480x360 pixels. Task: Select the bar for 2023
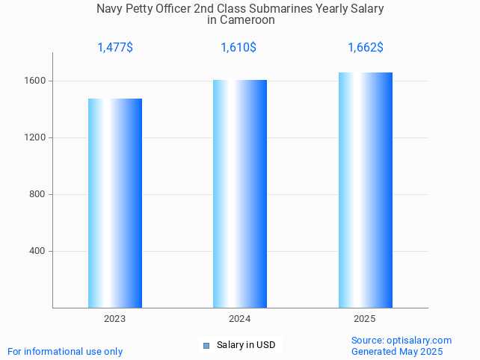pyautogui.click(x=115, y=203)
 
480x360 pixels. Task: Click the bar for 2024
pyautogui.click(x=240, y=193)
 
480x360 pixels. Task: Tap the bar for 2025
pyautogui.click(x=365, y=190)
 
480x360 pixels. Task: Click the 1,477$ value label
pyautogui.click(x=115, y=48)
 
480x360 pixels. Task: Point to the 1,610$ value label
pyautogui.click(x=239, y=48)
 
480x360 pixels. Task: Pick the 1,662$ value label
pyautogui.click(x=366, y=48)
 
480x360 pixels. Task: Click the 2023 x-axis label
pyautogui.click(x=114, y=319)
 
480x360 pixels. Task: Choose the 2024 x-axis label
pyautogui.click(x=239, y=319)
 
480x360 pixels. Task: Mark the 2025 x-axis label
pyautogui.click(x=364, y=319)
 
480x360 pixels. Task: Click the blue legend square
pyautogui.click(x=206, y=345)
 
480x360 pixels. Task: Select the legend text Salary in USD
pyautogui.click(x=246, y=345)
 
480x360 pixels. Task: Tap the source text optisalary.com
pyautogui.click(x=419, y=341)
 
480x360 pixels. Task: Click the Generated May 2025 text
pyautogui.click(x=397, y=352)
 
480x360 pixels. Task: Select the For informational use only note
pyautogui.click(x=65, y=352)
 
